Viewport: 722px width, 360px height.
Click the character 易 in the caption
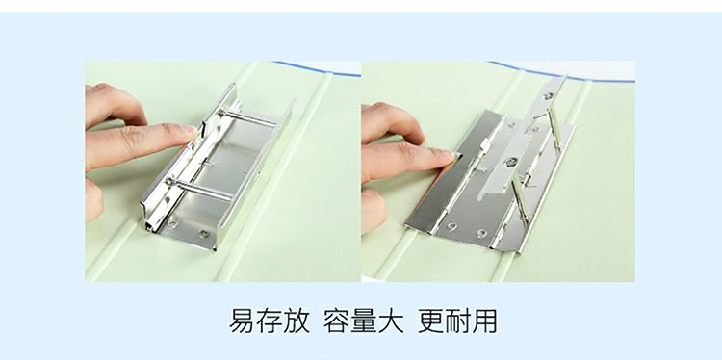[x=244, y=321]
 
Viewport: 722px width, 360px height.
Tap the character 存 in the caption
[x=270, y=321]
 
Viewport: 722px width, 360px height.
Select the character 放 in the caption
[x=297, y=321]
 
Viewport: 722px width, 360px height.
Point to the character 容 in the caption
[x=337, y=321]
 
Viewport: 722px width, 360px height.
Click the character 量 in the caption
[x=364, y=321]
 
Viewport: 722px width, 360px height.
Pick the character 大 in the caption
[x=391, y=321]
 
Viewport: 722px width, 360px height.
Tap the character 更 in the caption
[x=431, y=321]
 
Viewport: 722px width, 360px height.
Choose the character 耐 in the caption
[x=458, y=321]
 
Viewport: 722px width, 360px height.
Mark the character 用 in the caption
[x=485, y=321]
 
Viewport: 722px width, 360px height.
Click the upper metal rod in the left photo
[x=246, y=117]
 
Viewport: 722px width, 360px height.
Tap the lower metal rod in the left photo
[x=201, y=189]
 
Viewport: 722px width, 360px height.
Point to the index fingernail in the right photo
[x=447, y=157]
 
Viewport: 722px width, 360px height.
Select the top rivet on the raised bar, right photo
[x=548, y=96]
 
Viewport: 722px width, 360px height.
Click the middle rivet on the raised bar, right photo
[x=509, y=162]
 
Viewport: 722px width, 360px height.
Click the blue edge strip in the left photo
[x=317, y=68]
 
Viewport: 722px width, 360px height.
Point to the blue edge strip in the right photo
[x=562, y=73]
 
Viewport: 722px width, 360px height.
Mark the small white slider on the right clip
[x=485, y=147]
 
